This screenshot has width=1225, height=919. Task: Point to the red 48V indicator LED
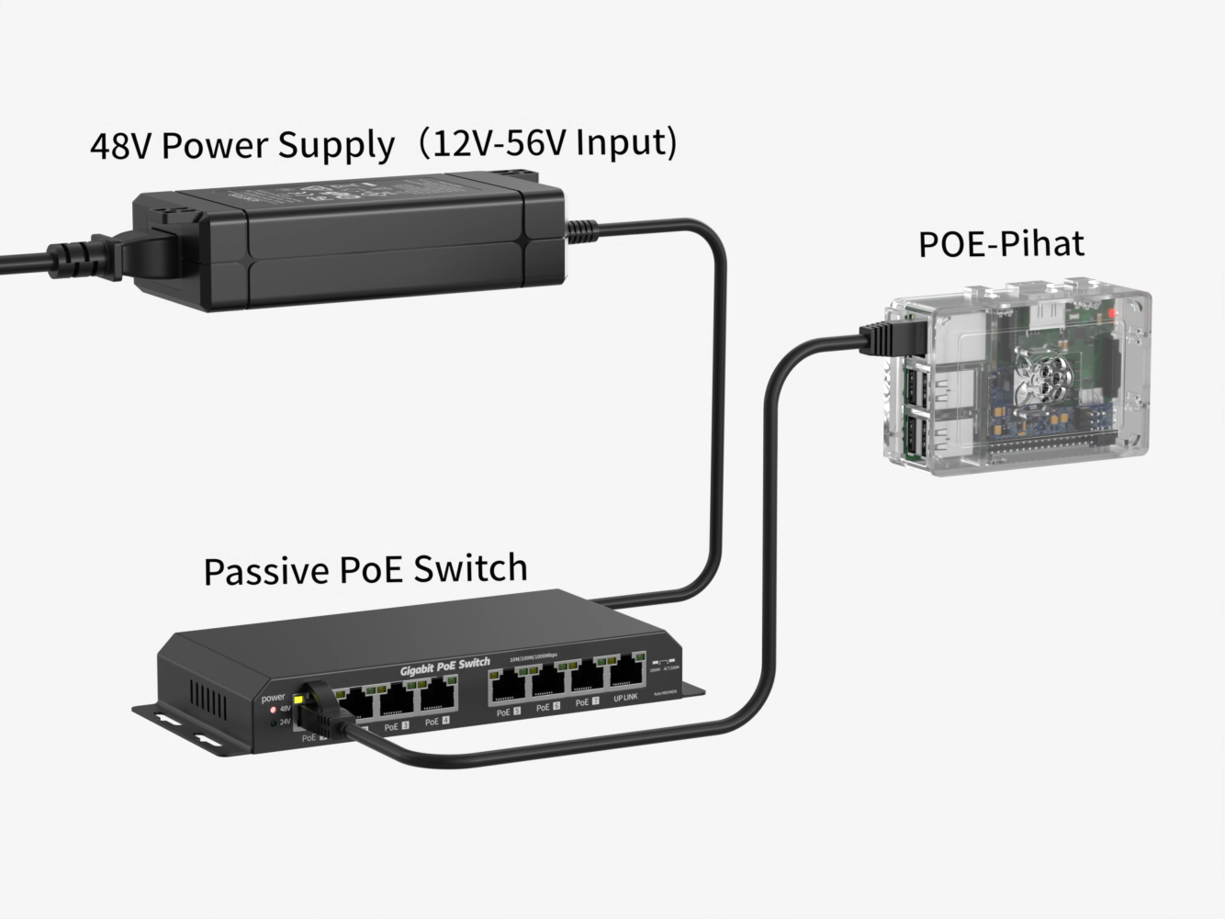coord(273,710)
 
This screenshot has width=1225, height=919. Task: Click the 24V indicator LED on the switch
coord(273,723)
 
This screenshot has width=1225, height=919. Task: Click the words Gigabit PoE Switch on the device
coord(444,667)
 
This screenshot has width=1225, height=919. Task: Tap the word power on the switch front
coord(274,698)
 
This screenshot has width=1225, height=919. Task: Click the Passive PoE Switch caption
coord(365,569)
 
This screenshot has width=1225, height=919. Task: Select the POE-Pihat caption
coord(1001,243)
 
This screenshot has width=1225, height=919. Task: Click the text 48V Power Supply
coord(242,145)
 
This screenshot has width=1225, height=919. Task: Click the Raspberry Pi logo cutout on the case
coord(1048,381)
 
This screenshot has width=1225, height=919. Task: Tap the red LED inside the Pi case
coord(1113,315)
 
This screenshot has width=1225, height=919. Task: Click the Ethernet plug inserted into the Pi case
coord(885,337)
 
